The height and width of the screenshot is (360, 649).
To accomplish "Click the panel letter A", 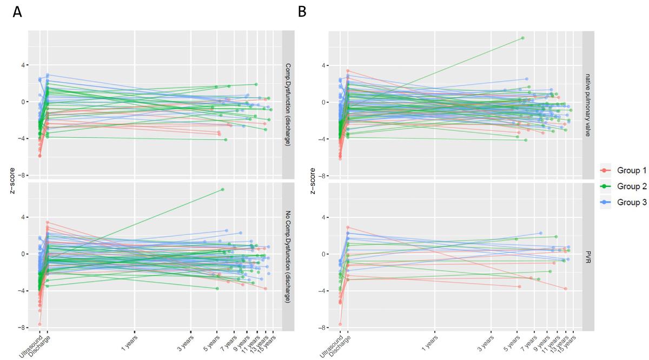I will [17, 12].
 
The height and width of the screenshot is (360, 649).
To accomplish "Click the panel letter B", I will [302, 11].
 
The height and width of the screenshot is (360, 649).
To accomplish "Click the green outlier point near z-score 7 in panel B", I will [522, 38].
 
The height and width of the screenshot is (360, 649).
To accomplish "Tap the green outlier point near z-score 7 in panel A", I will [222, 189].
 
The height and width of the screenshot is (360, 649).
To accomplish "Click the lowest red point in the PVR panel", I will [340, 324].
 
